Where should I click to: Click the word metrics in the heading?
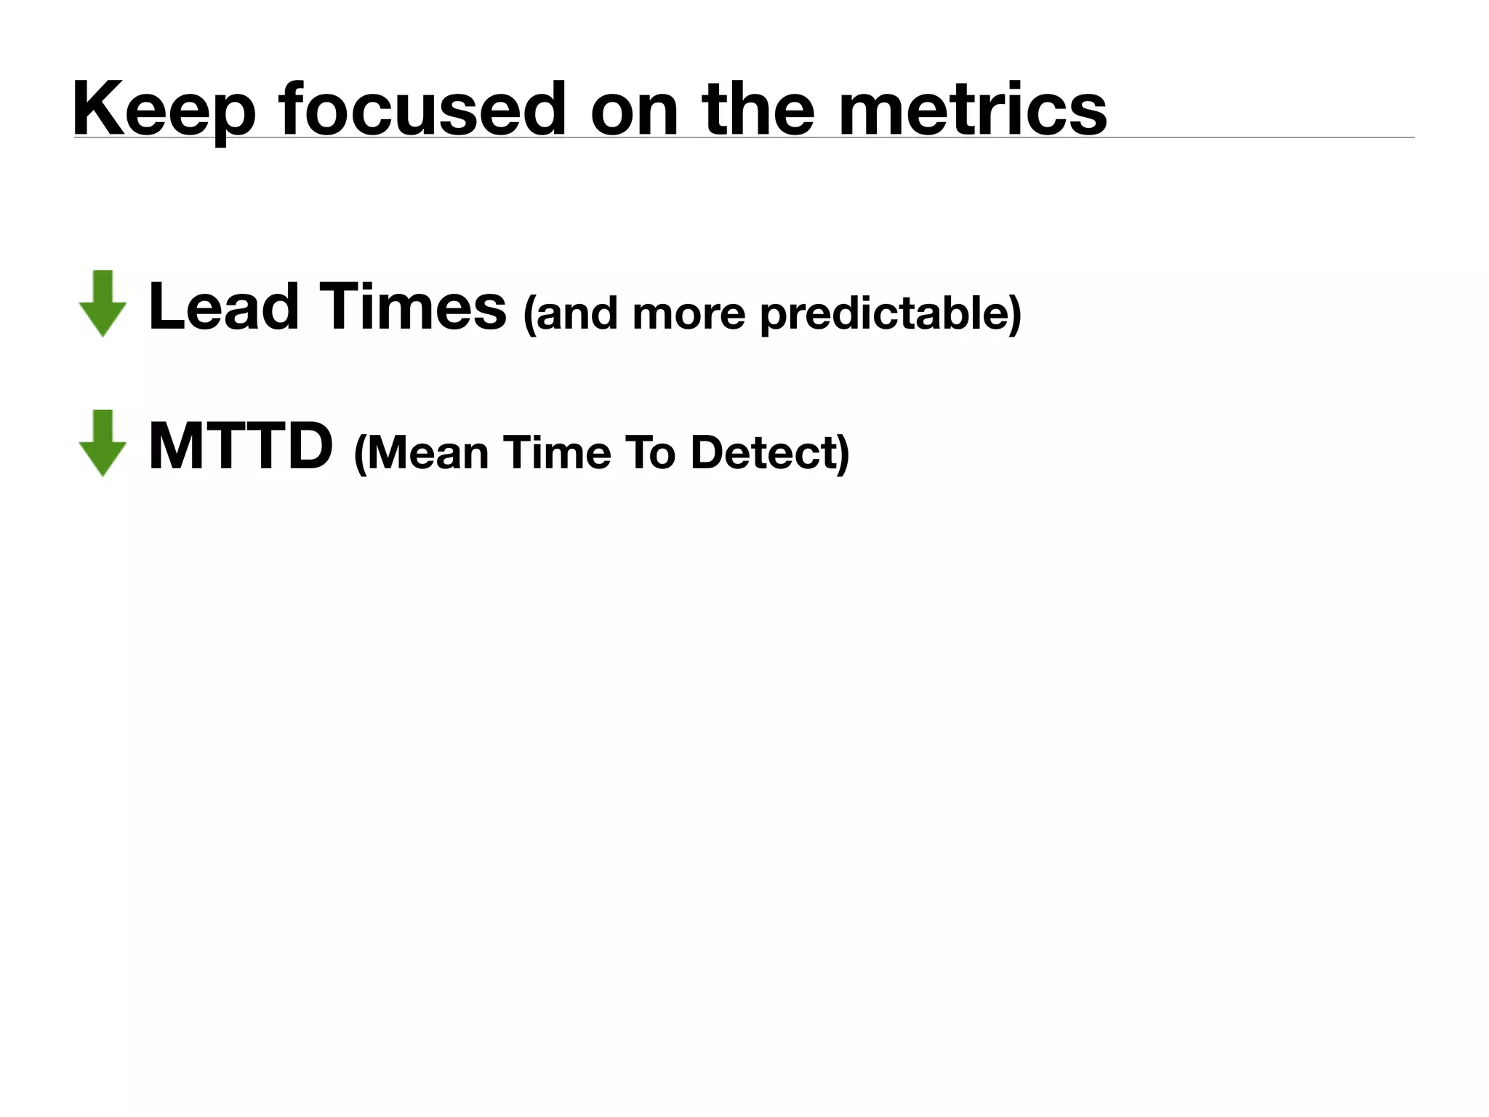coord(973,109)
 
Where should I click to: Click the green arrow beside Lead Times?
coord(103,304)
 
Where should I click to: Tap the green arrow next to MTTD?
coord(103,444)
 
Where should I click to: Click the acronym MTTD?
coord(241,447)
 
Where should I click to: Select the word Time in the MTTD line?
coord(556,452)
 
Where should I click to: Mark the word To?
coord(650,452)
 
